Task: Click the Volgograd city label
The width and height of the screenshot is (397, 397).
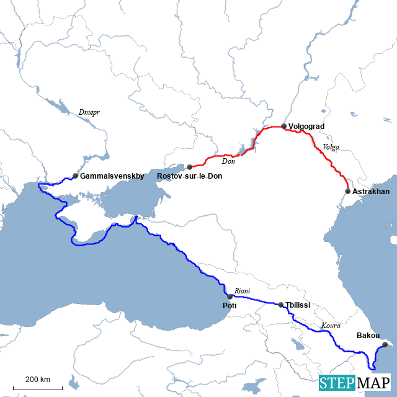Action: [x=306, y=127]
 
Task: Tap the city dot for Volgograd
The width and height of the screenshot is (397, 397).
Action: [x=283, y=126]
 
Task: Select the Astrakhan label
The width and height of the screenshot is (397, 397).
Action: [x=371, y=192]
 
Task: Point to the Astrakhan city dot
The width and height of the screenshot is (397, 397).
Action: [x=347, y=191]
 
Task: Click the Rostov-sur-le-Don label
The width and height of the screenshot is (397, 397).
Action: [x=190, y=177]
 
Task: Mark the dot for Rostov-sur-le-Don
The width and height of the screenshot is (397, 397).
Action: [x=189, y=167]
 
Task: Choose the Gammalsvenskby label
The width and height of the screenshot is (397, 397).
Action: [x=112, y=176]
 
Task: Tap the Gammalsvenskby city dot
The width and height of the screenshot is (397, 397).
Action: [x=75, y=176]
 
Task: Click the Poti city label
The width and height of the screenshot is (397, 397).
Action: [x=229, y=306]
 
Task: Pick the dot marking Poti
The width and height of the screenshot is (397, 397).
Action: [x=230, y=296]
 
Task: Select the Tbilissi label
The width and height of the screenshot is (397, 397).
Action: [x=298, y=305]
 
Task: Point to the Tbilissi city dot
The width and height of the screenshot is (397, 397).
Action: [x=281, y=305]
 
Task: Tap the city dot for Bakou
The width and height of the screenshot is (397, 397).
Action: [x=384, y=344]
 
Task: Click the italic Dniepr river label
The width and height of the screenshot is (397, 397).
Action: [x=89, y=112]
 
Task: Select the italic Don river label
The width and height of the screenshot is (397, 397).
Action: [x=228, y=161]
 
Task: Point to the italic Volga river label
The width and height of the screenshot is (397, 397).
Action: [x=331, y=147]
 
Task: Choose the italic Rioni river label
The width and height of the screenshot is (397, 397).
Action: [x=242, y=290]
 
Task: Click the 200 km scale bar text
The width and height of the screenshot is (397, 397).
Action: [x=38, y=380]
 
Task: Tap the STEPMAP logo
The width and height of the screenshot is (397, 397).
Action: [x=355, y=383]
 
